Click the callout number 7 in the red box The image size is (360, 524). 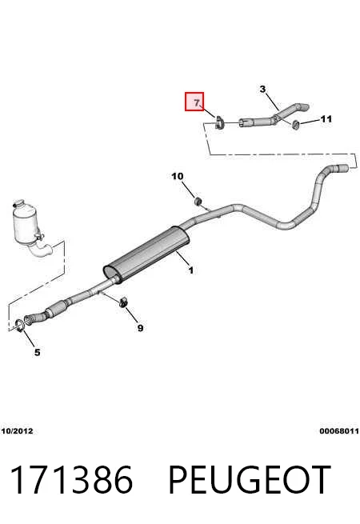[x=197, y=102]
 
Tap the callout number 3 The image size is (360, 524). [x=262, y=90]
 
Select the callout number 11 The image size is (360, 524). [x=326, y=118]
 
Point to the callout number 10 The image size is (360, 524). [x=178, y=176]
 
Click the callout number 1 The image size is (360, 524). [x=190, y=270]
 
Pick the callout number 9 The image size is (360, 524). [x=140, y=328]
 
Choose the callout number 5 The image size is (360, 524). [x=37, y=352]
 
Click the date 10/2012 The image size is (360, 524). [x=17, y=431]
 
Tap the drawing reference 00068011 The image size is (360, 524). [x=339, y=431]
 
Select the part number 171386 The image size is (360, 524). [x=72, y=479]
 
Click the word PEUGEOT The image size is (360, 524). [x=250, y=479]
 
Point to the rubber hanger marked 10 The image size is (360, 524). [x=198, y=201]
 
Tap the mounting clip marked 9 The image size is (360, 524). [x=124, y=302]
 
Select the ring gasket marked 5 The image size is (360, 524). [x=20, y=326]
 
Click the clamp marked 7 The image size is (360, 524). [x=219, y=122]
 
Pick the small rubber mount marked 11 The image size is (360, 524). [x=295, y=124]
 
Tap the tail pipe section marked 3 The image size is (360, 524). [x=274, y=118]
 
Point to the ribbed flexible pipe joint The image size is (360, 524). [x=55, y=310]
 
